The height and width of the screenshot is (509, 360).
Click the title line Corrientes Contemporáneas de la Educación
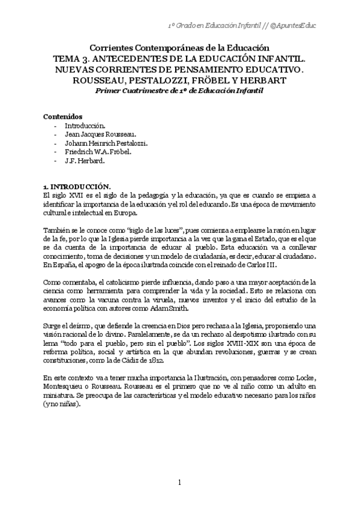[180, 48]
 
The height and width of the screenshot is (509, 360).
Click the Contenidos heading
[63, 116]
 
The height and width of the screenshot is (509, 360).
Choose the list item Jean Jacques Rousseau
[100, 134]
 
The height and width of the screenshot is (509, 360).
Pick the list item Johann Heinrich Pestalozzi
[106, 143]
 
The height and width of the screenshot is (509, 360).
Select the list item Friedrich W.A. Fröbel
[98, 152]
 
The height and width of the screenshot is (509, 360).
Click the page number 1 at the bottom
[179, 482]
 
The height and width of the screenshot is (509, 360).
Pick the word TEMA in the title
[68, 58]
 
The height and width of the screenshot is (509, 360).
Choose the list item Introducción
[85, 125]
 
